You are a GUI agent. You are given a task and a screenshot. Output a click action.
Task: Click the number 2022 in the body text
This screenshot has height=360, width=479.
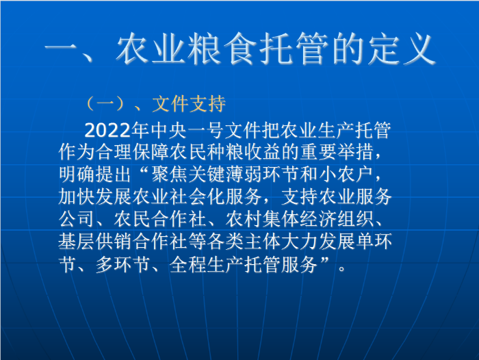point(107,131)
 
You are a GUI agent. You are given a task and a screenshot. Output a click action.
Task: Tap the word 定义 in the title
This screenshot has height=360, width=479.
point(402,49)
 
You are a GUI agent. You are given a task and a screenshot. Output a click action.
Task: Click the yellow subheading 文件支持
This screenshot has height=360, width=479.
point(189,104)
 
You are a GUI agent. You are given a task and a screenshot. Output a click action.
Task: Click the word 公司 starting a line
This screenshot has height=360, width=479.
point(77,219)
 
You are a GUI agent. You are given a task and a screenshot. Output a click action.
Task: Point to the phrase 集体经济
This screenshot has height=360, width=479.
point(299,219)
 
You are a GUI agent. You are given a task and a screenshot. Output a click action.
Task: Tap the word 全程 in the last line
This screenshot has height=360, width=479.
point(188,264)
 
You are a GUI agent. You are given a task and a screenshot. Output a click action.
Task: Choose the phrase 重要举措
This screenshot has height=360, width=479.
point(337,152)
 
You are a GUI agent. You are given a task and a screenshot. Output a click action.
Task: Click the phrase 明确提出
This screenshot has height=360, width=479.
point(95,175)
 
